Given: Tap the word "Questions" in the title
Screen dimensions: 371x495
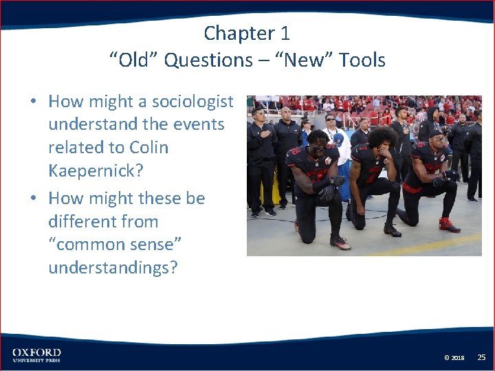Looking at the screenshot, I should pyautogui.click(x=208, y=60).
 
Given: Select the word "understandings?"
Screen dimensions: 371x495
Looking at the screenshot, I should pyautogui.click(x=113, y=267).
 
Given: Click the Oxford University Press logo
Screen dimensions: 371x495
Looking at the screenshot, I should pyautogui.click(x=36, y=355).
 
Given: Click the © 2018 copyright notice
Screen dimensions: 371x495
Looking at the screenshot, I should pyautogui.click(x=454, y=358).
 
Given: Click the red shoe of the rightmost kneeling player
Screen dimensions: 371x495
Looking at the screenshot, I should pyautogui.click(x=448, y=225).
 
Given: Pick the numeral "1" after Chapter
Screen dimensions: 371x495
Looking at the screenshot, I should pyautogui.click(x=285, y=33).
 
